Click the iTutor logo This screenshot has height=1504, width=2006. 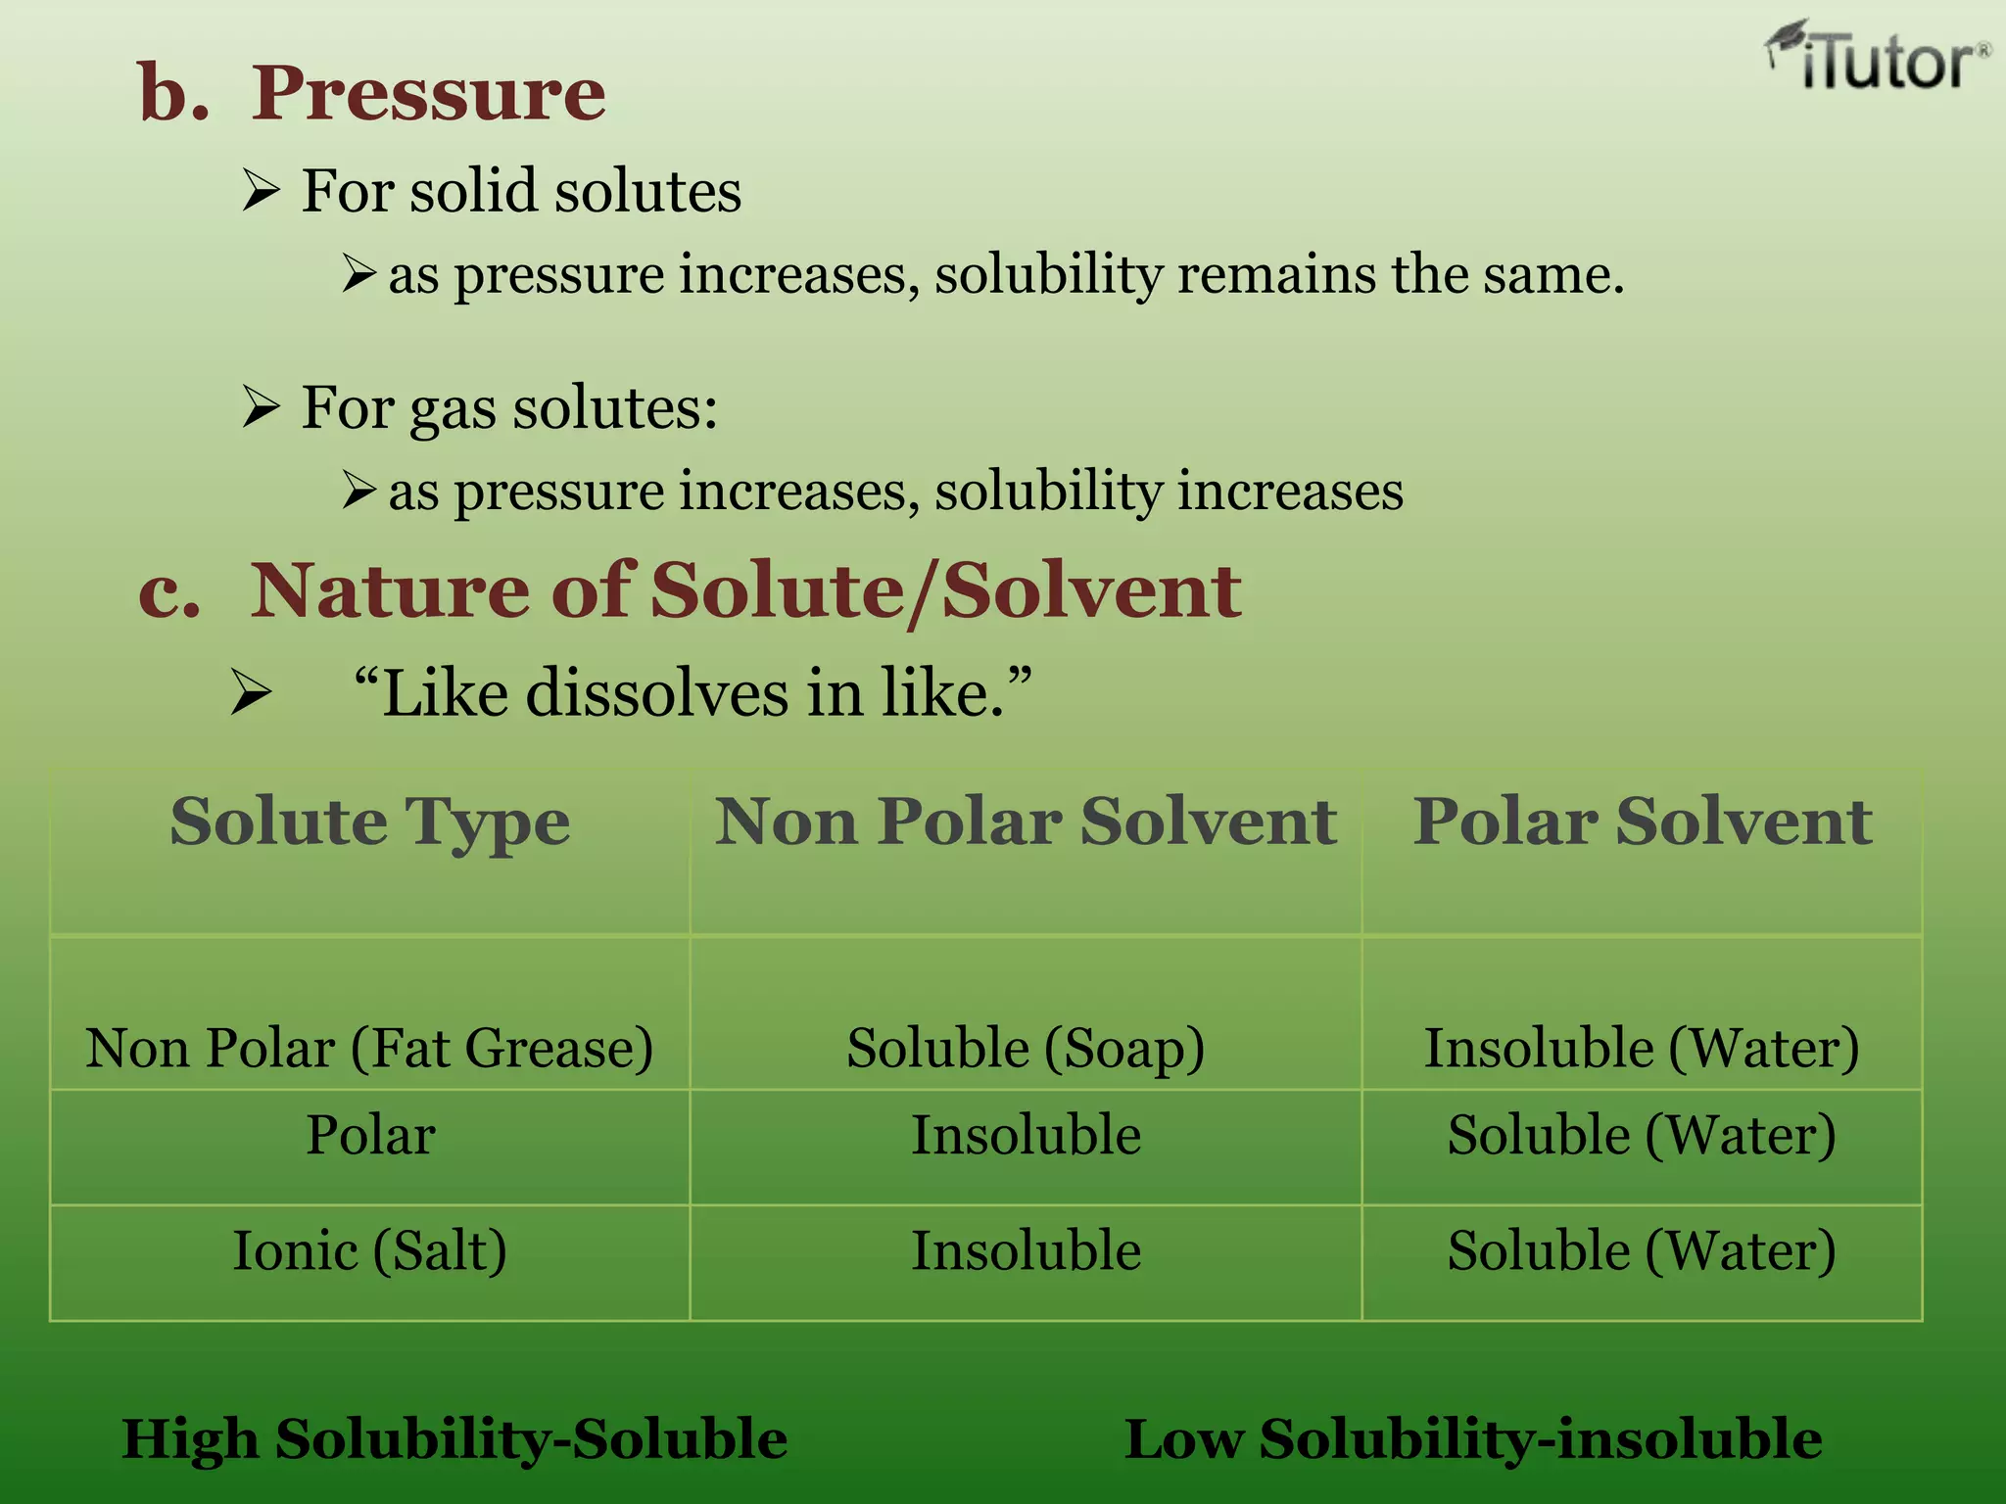(x=1877, y=60)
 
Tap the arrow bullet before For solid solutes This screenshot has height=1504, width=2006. (x=262, y=190)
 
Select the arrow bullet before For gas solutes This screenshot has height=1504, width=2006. (x=262, y=406)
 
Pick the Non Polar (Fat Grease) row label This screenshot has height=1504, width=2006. (x=369, y=1048)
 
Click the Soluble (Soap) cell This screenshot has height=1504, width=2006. (x=1026, y=1048)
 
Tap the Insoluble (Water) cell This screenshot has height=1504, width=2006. (x=1642, y=1048)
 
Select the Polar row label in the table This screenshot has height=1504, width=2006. (x=370, y=1135)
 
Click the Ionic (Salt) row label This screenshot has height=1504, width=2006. (x=369, y=1250)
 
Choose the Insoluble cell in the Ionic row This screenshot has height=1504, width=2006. (x=1026, y=1250)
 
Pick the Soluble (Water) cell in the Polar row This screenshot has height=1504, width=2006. (x=1642, y=1135)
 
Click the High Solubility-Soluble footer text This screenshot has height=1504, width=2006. (x=454, y=1439)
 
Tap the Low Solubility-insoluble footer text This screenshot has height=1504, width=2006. (x=1473, y=1439)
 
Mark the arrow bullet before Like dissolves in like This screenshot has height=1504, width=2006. (x=251, y=694)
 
